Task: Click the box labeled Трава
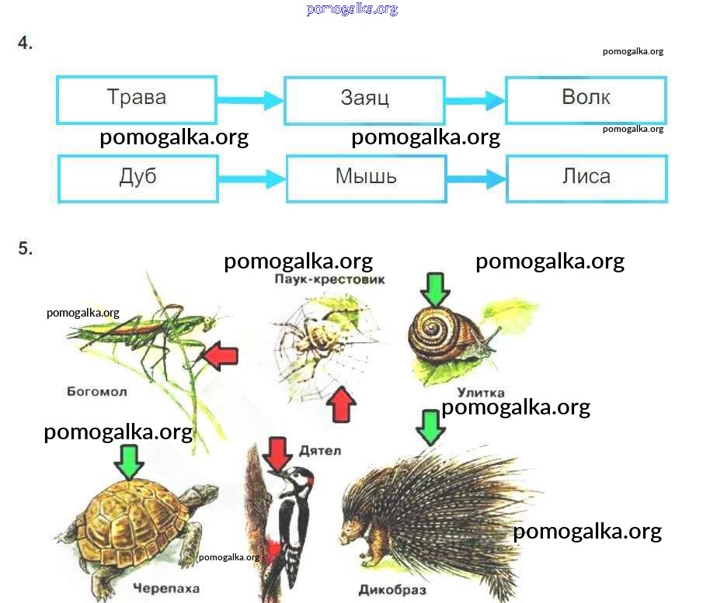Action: (137, 99)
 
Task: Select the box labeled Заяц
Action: (364, 100)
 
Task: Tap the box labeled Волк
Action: (586, 99)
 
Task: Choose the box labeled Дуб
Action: (137, 178)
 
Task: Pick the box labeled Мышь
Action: (366, 178)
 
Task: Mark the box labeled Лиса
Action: (586, 178)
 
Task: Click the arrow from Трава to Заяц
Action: (250, 99)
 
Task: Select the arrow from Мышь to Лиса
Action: (476, 178)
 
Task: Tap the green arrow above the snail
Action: (435, 289)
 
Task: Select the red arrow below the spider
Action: (339, 404)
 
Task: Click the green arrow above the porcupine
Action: (430, 427)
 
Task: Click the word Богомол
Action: (97, 392)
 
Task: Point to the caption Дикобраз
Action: (392, 590)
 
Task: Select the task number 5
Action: (26, 249)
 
